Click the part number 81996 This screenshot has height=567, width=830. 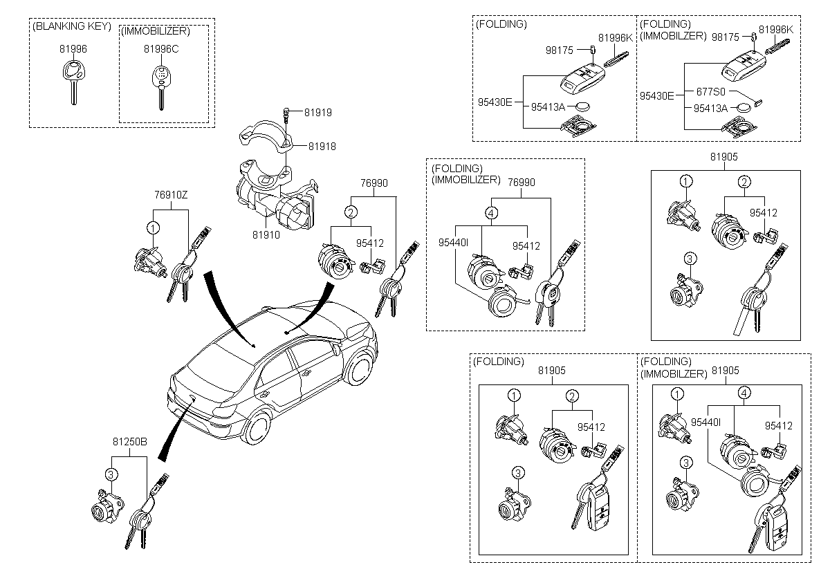pyautogui.click(x=73, y=49)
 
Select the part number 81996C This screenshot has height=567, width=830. pyautogui.click(x=160, y=49)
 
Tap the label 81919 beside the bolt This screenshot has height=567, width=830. pyautogui.click(x=320, y=111)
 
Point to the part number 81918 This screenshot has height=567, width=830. pyautogui.click(x=322, y=147)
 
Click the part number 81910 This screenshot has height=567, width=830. pyautogui.click(x=266, y=235)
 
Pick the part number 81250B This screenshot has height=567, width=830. pyautogui.click(x=129, y=440)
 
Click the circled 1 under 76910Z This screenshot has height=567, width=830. pyautogui.click(x=153, y=227)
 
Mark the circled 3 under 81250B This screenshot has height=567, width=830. pyautogui.click(x=110, y=473)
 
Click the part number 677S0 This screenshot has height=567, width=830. pyautogui.click(x=710, y=91)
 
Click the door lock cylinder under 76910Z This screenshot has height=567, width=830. pyautogui.click(x=149, y=260)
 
